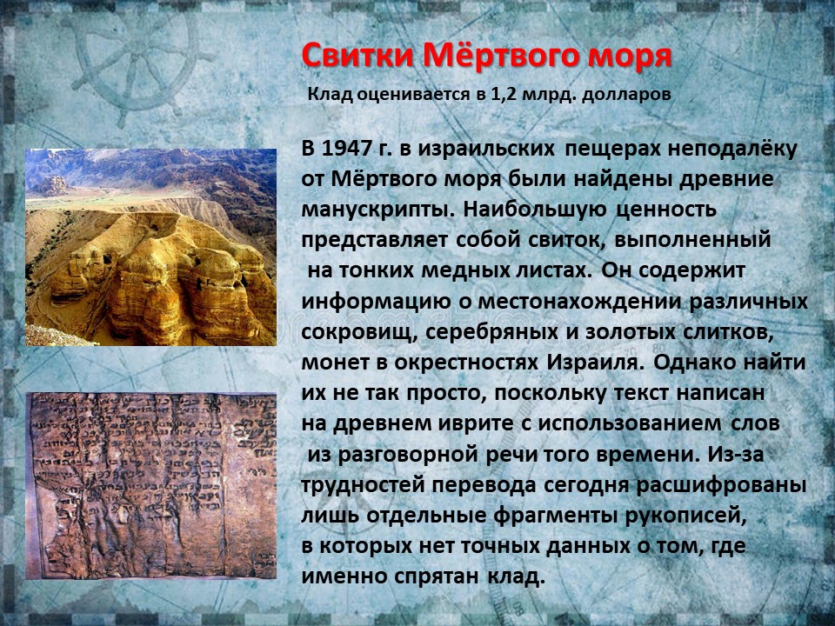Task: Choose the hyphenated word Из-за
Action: (736, 454)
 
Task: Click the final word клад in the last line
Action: (516, 576)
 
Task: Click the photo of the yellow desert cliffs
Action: (150, 247)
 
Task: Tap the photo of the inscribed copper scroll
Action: (150, 485)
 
